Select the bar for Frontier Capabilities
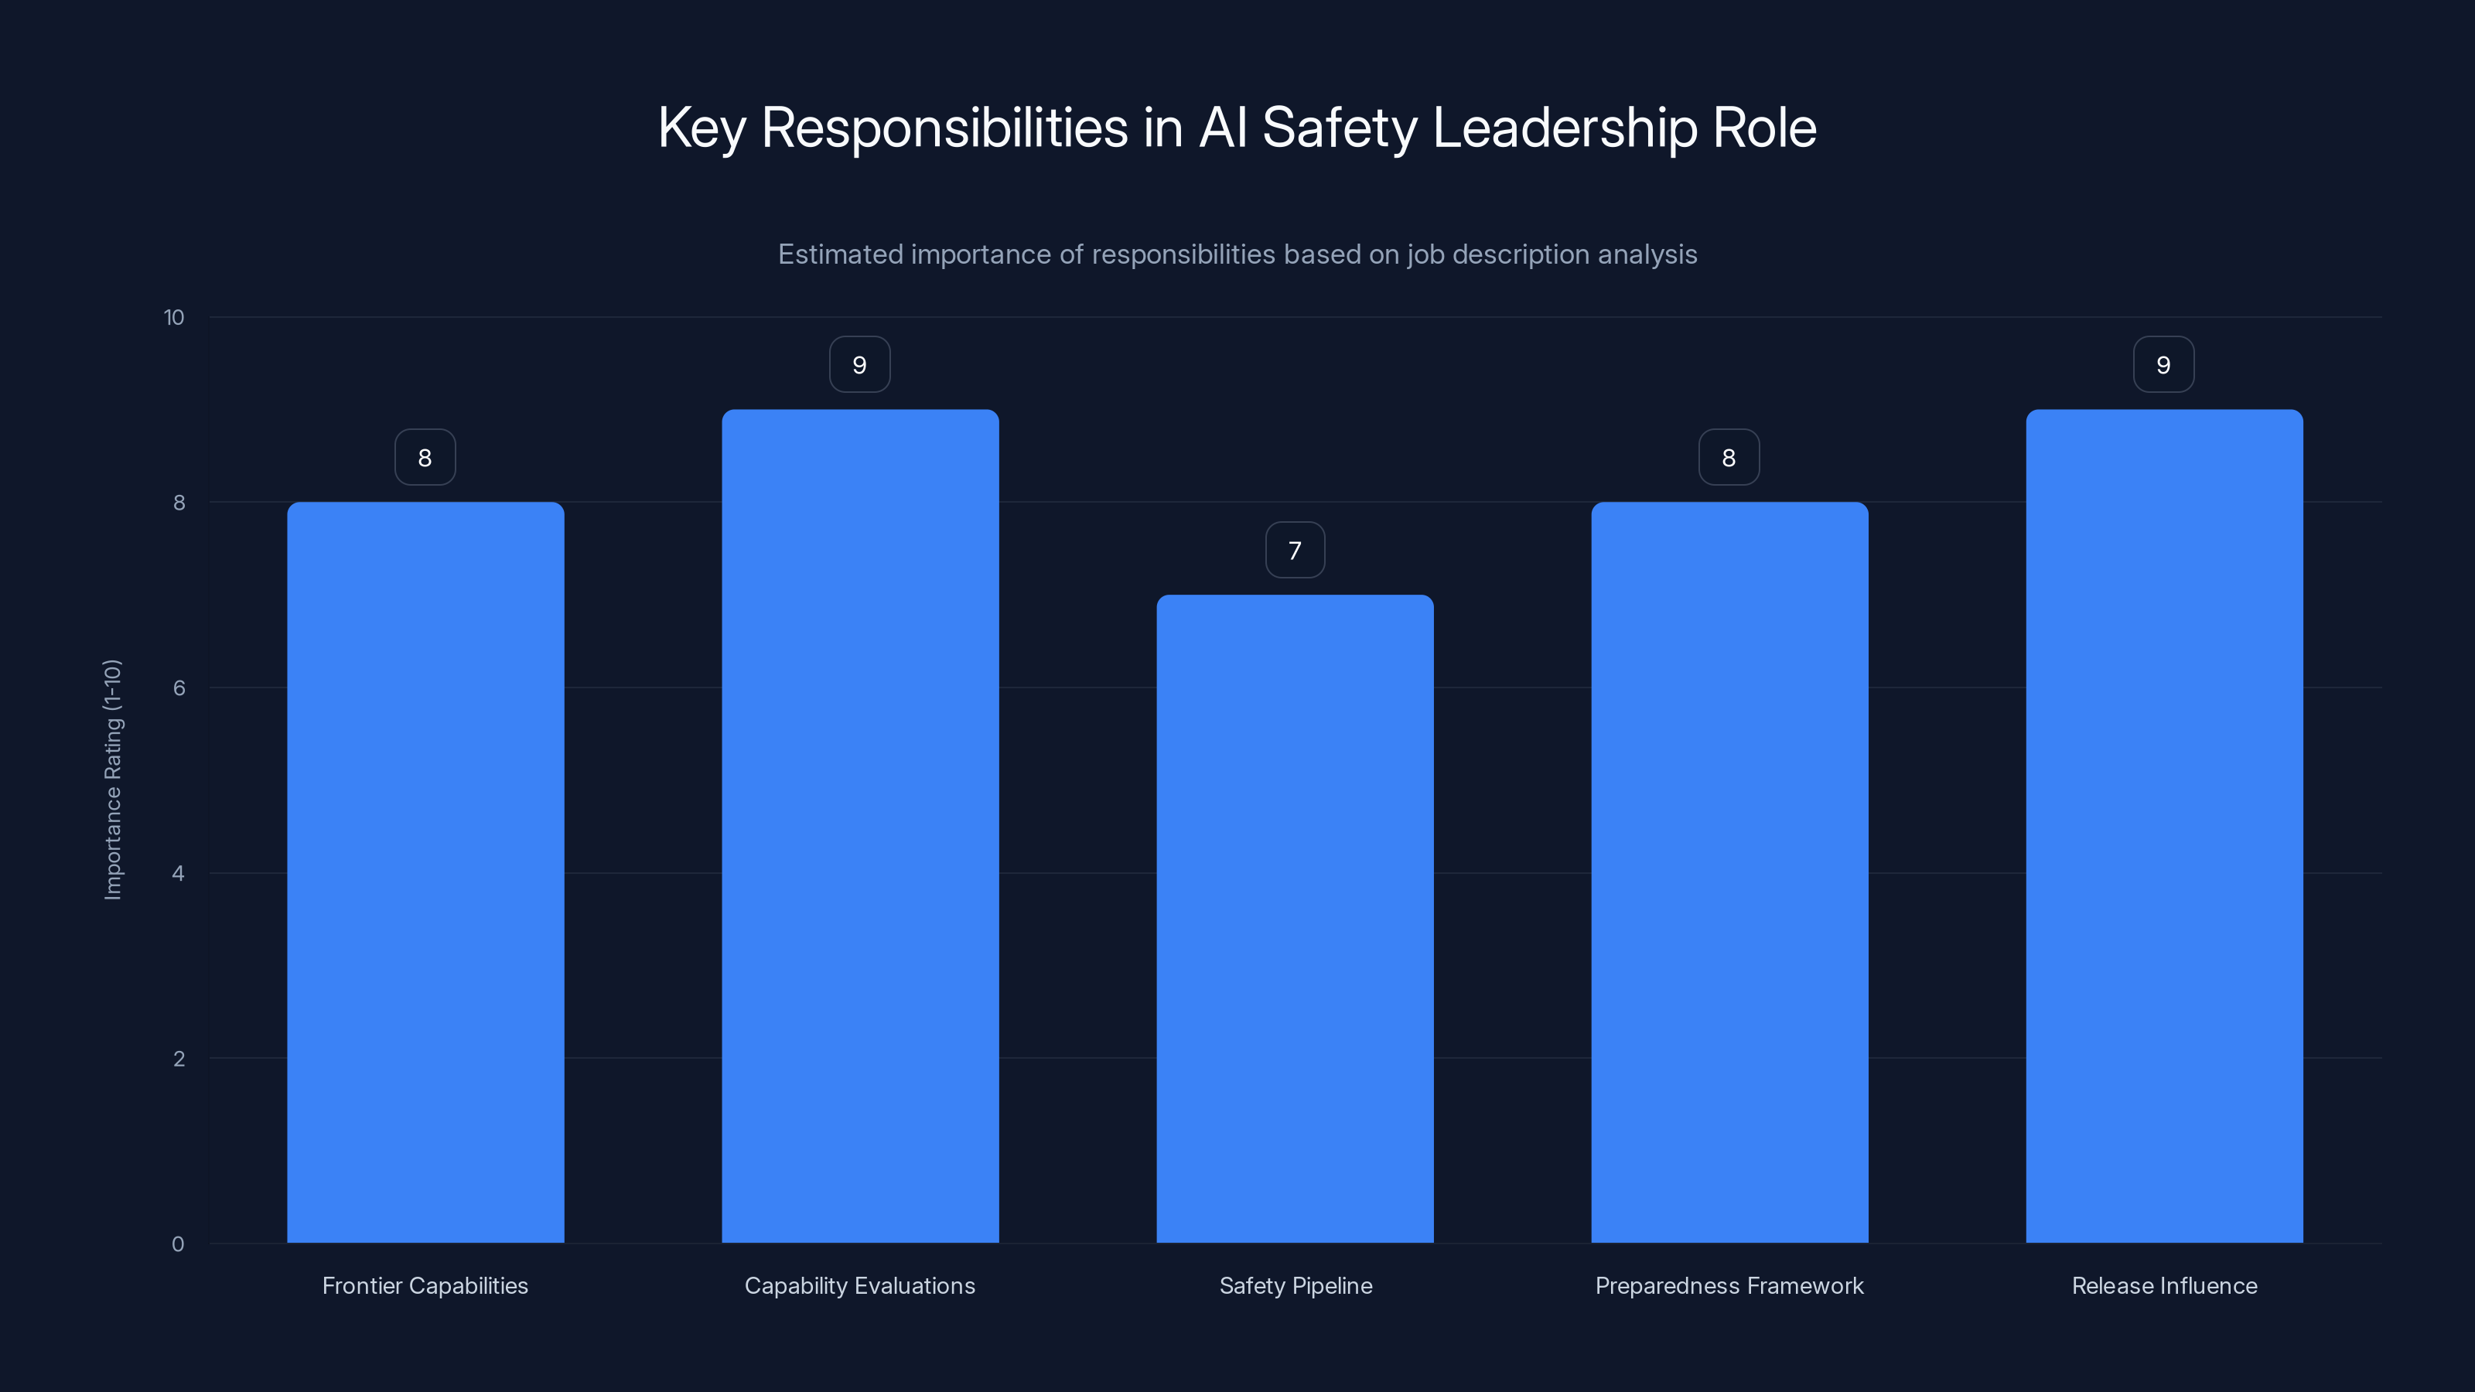[x=425, y=872]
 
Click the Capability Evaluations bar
[x=860, y=826]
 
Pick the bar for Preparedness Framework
[x=1729, y=872]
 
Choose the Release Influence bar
[x=2164, y=826]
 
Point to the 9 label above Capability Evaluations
[x=860, y=365]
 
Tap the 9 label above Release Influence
[x=2164, y=365]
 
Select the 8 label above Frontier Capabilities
[x=425, y=457]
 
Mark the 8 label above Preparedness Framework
[x=1729, y=457]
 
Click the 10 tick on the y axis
[x=174, y=318]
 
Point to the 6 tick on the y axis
[x=179, y=687]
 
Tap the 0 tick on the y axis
[x=178, y=1244]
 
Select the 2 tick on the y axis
[x=179, y=1059]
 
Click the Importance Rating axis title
[x=112, y=779]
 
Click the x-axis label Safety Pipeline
[x=1296, y=1286]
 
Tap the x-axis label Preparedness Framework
[x=1729, y=1286]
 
